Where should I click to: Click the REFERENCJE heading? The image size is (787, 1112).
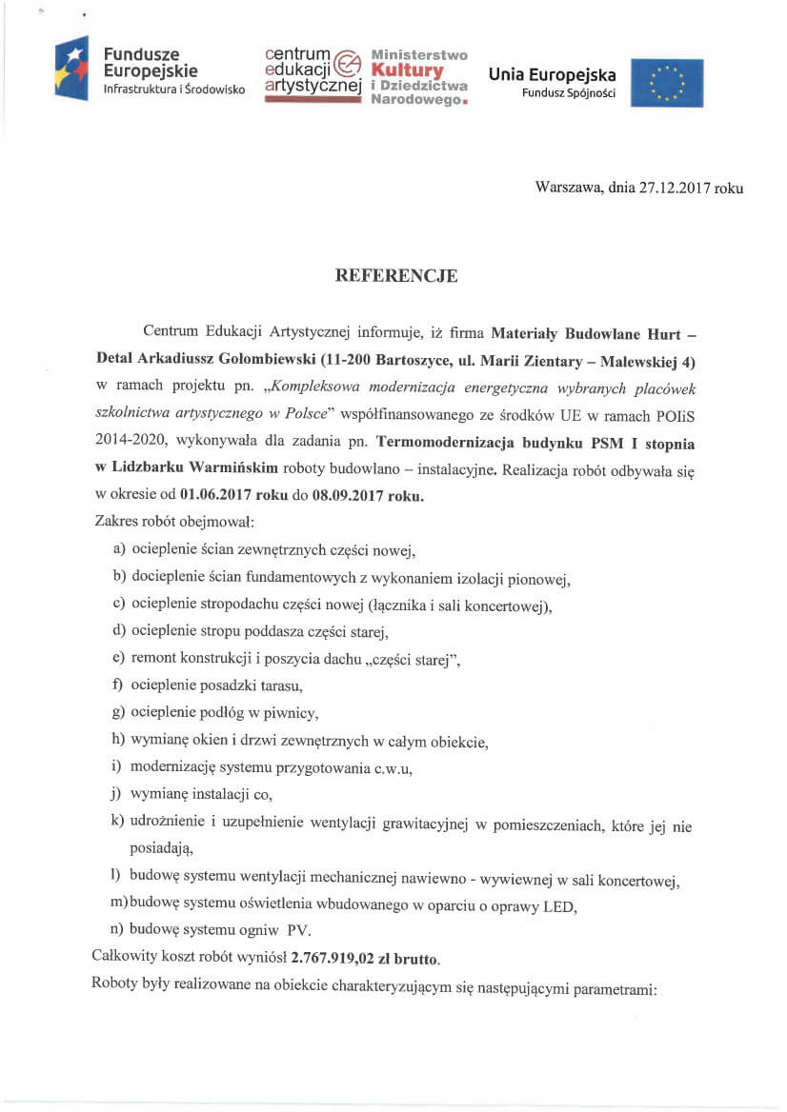pyautogui.click(x=396, y=277)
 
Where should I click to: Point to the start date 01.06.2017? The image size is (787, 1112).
pyautogui.click(x=222, y=497)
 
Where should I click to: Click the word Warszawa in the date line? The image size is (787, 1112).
pyautogui.click(x=569, y=189)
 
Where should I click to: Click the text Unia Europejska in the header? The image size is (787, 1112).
pyautogui.click(x=552, y=75)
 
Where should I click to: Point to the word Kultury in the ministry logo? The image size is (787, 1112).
pyautogui.click(x=408, y=70)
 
